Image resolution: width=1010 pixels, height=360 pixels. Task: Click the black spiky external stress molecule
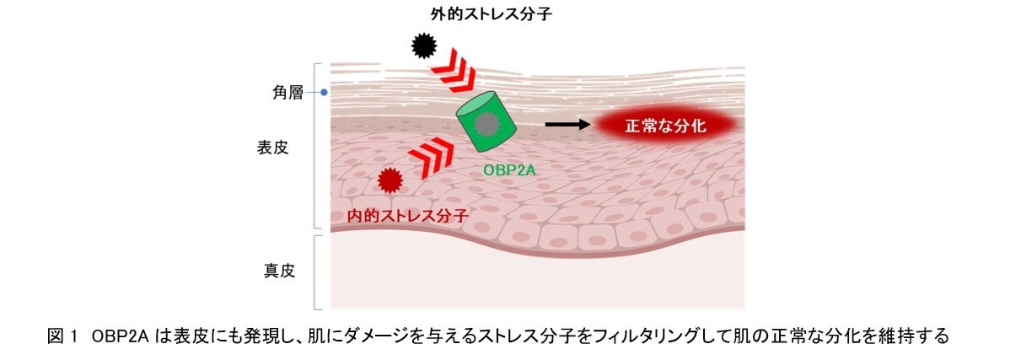(423, 46)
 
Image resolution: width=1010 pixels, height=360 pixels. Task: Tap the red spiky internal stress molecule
(389, 180)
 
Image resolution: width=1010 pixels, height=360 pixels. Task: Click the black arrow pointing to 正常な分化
(566, 125)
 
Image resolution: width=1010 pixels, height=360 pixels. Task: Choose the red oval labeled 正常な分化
(666, 126)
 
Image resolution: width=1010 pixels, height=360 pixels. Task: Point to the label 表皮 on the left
(273, 147)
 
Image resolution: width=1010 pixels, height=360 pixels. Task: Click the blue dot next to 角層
(324, 93)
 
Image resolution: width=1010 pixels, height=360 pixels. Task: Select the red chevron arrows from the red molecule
(430, 157)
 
